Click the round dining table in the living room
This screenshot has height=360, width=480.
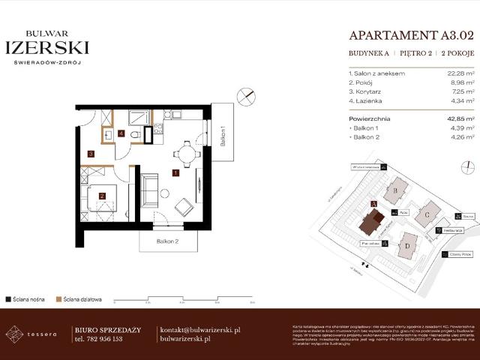coord(186,154)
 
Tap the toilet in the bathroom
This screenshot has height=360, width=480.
coord(135,135)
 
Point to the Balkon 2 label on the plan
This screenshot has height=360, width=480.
coord(167,241)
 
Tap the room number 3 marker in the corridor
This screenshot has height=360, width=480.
coord(91,154)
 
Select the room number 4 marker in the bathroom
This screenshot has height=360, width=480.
coord(121,134)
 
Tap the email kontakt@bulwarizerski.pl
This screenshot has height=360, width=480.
coord(200,329)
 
